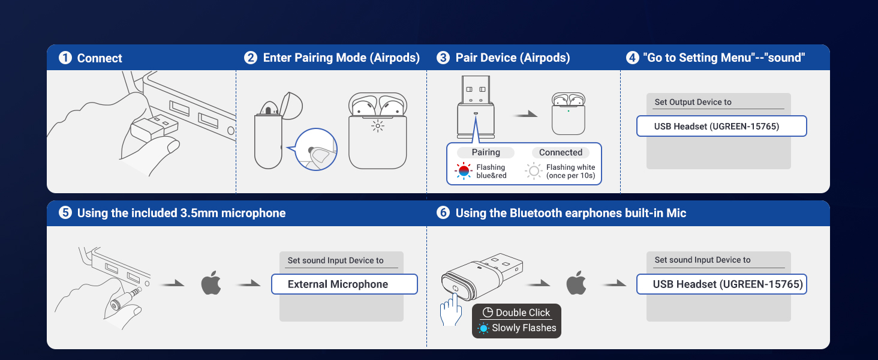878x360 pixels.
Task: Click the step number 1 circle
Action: (65, 58)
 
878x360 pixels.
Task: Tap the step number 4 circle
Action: (632, 58)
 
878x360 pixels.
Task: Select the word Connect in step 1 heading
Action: (100, 58)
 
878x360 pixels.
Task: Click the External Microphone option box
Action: (344, 284)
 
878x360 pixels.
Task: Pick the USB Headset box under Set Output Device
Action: (721, 127)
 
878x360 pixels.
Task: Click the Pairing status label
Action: (486, 152)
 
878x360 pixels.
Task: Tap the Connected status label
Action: (560, 152)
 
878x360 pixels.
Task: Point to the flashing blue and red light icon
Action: (464, 171)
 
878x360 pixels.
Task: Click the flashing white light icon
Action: (534, 171)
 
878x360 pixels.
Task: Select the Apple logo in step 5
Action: (211, 283)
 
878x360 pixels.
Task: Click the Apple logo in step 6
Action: (576, 283)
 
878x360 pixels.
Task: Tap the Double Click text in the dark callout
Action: (523, 313)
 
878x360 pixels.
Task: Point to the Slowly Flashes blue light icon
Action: (483, 328)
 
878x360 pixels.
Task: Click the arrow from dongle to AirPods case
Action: (526, 114)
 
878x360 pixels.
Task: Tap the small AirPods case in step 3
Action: (569, 114)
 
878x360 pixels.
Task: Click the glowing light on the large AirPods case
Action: (377, 125)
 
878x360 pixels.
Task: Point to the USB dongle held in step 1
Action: (154, 127)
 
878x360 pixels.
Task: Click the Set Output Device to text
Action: (693, 102)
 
